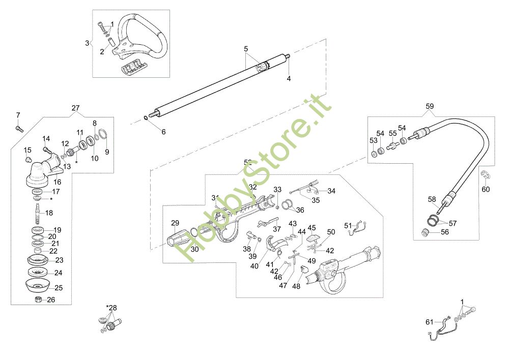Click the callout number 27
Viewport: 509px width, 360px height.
pos(75,108)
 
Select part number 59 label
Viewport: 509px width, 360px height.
pos(430,107)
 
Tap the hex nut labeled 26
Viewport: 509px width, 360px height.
pos(38,299)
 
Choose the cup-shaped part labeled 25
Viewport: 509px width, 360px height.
pos(38,285)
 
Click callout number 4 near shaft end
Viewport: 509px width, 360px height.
pos(289,79)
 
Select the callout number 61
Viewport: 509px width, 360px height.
pos(429,321)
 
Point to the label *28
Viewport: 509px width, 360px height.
pos(111,308)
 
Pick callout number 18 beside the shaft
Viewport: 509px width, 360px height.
pos(49,213)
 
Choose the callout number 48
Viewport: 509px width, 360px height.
pos(295,286)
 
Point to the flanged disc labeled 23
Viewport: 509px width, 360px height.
pos(37,260)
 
